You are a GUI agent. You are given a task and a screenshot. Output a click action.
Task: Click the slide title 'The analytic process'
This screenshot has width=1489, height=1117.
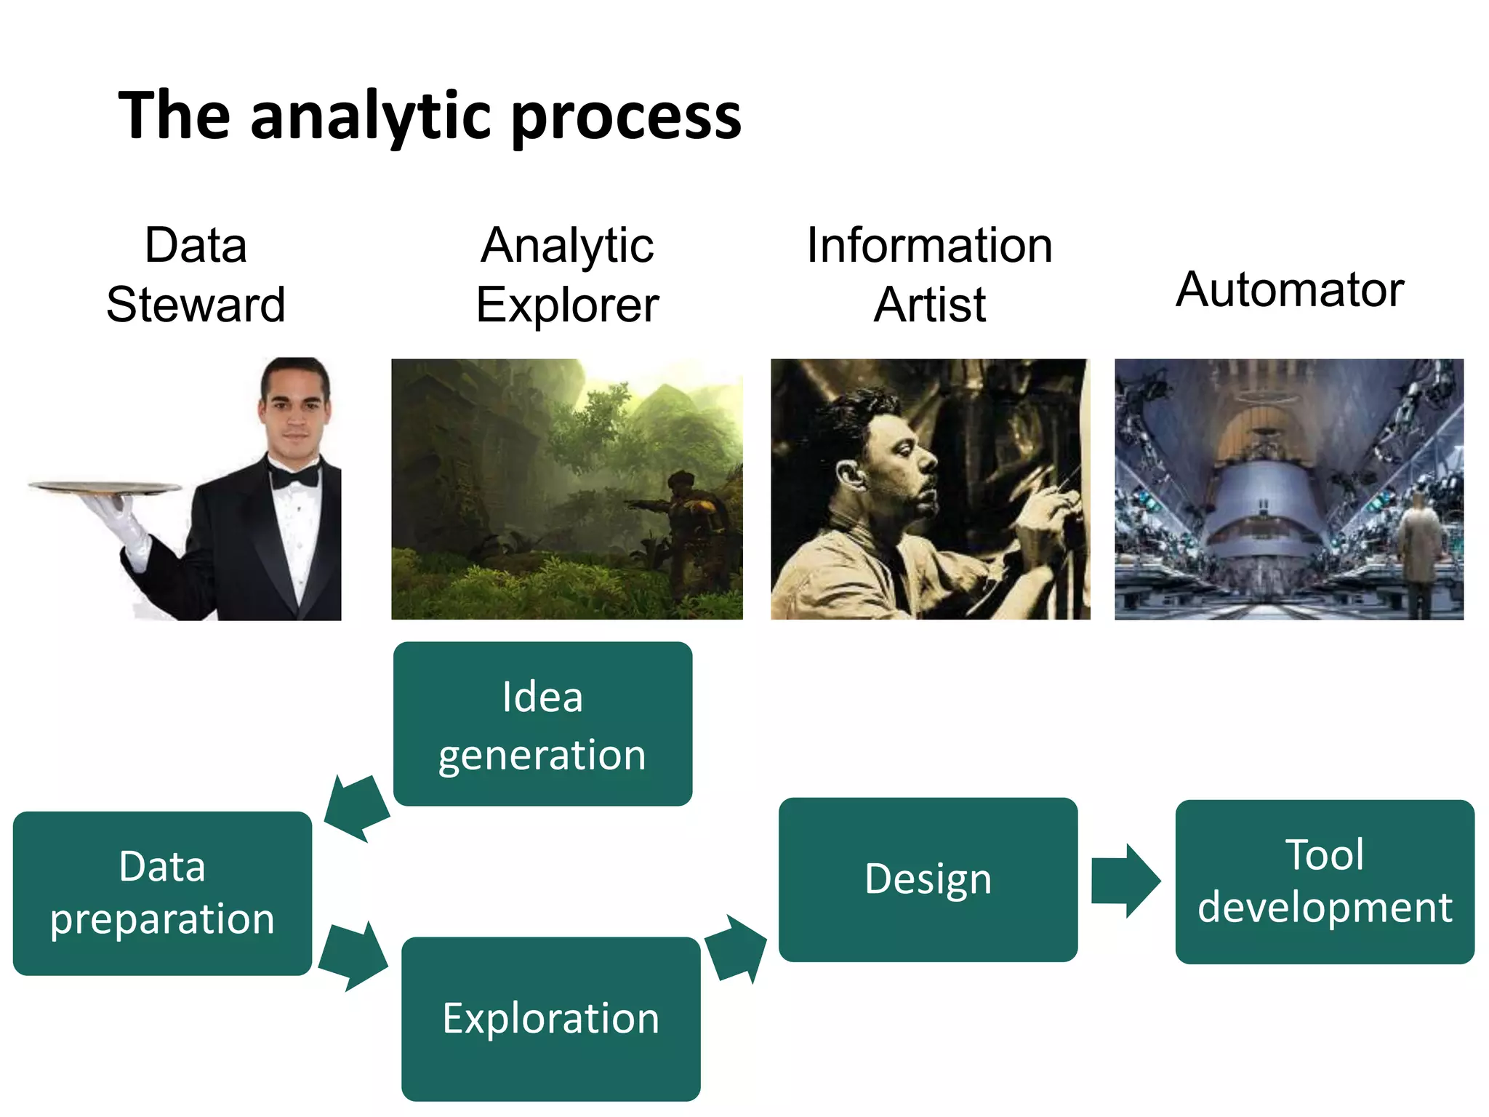430,116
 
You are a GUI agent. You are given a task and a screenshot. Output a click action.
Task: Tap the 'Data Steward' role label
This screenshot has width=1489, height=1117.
196,274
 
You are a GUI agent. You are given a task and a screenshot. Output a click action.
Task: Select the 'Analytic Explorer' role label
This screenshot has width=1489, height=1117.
567,274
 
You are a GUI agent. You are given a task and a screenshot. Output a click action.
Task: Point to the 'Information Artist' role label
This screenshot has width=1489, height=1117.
929,274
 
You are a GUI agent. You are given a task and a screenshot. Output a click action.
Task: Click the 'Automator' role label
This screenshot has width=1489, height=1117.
1289,289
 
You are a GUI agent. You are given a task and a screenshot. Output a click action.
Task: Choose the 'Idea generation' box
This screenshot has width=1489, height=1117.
542,724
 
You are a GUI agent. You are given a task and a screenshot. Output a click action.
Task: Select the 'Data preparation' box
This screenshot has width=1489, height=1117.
162,893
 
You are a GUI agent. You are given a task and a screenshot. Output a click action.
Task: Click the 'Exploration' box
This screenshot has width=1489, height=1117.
550,1018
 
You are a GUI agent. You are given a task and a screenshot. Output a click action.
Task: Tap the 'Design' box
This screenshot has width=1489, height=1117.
928,879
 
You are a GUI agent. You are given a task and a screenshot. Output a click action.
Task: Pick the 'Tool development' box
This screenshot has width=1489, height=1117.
1324,881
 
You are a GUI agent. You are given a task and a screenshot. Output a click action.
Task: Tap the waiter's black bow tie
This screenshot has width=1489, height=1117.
294,476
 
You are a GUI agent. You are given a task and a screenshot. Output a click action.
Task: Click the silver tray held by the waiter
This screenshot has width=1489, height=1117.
105,487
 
